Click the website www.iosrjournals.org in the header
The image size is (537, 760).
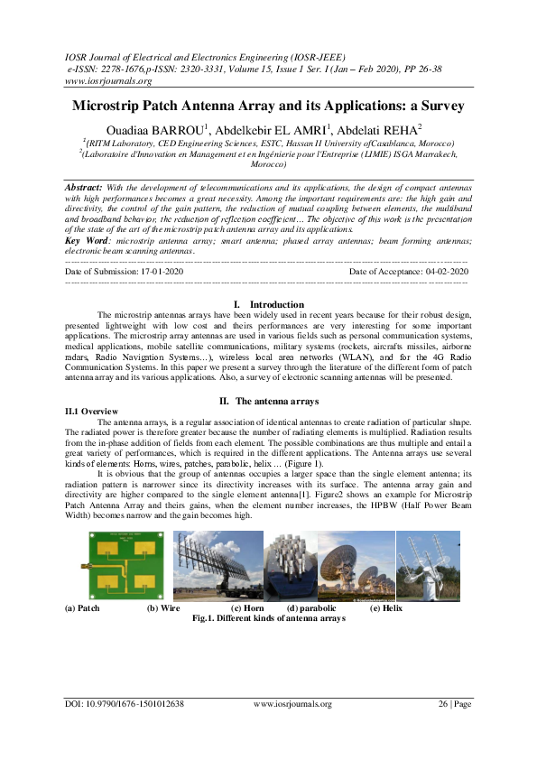pos(102,79)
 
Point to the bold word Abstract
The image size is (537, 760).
pos(83,185)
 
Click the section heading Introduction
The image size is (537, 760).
pos(276,305)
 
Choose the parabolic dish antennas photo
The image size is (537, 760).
pos(356,567)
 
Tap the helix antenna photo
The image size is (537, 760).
pos(429,567)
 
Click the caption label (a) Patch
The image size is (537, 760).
pos(82,609)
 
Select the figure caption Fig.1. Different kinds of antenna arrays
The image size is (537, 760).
pos(269,619)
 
